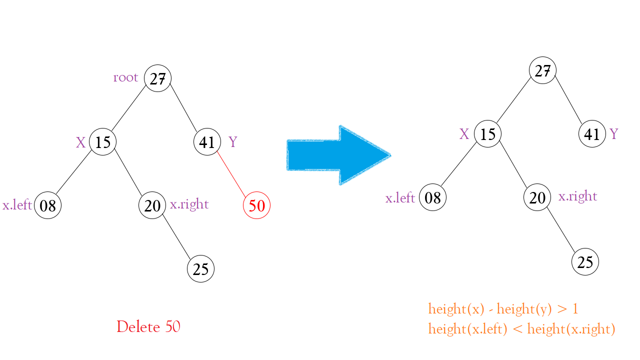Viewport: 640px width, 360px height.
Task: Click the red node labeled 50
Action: (x=256, y=205)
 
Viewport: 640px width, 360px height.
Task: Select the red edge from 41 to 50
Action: (x=231, y=174)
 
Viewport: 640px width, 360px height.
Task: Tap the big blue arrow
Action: (x=339, y=155)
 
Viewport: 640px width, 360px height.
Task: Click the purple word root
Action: (x=125, y=77)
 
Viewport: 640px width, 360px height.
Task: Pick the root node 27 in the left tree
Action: (x=157, y=78)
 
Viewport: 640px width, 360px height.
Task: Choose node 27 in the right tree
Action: (x=542, y=70)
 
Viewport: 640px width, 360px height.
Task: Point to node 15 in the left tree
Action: (x=103, y=141)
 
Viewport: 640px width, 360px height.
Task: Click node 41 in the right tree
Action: (x=592, y=133)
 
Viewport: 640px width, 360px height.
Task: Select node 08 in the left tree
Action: (x=47, y=205)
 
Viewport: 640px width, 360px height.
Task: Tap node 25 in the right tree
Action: (x=585, y=261)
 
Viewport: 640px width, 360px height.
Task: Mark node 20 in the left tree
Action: (x=152, y=205)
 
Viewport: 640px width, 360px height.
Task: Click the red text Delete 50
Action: (x=148, y=326)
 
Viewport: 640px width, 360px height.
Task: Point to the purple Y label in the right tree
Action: (x=613, y=133)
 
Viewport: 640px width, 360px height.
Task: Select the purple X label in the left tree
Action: (x=81, y=142)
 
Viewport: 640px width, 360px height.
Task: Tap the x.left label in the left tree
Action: (x=17, y=204)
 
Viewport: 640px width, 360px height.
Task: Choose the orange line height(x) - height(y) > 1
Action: (x=503, y=309)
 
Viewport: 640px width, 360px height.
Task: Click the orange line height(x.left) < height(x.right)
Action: (x=521, y=329)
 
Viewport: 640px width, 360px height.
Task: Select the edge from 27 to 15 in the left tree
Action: (x=128, y=108)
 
